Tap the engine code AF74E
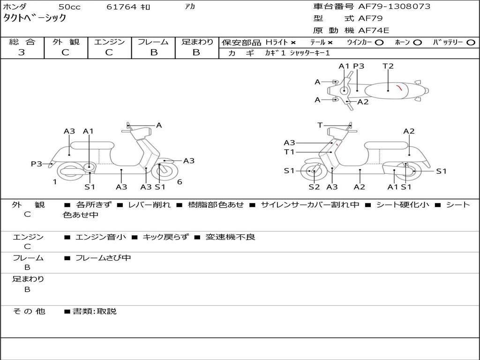374,30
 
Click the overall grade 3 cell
22,52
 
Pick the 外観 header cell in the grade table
66,42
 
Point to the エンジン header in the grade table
109,42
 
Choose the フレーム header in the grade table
153,42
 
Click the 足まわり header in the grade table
197,42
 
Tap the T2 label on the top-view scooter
388,66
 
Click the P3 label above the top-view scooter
359,66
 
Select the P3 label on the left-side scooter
37,164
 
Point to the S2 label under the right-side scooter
314,187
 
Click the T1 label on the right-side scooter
289,152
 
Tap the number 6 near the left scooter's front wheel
180,182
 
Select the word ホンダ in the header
15,7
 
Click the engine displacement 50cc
68,7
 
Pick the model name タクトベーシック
35,18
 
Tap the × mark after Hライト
293,42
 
